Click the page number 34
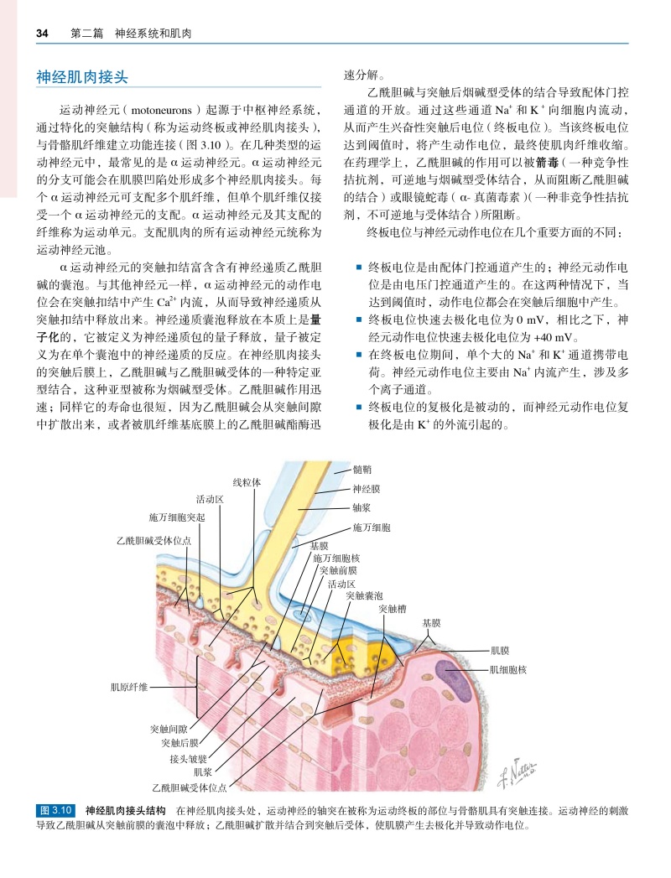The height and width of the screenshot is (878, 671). point(42,34)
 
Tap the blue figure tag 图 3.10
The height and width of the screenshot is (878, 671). point(58,810)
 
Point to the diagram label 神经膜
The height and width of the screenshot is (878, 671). point(367,488)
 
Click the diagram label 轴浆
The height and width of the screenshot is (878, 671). point(362,507)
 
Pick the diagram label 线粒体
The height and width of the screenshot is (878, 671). point(247,482)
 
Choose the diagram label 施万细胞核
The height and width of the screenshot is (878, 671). point(336,558)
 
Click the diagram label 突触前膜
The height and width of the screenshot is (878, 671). point(340,570)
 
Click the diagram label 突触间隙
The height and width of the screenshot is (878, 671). point(169,730)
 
